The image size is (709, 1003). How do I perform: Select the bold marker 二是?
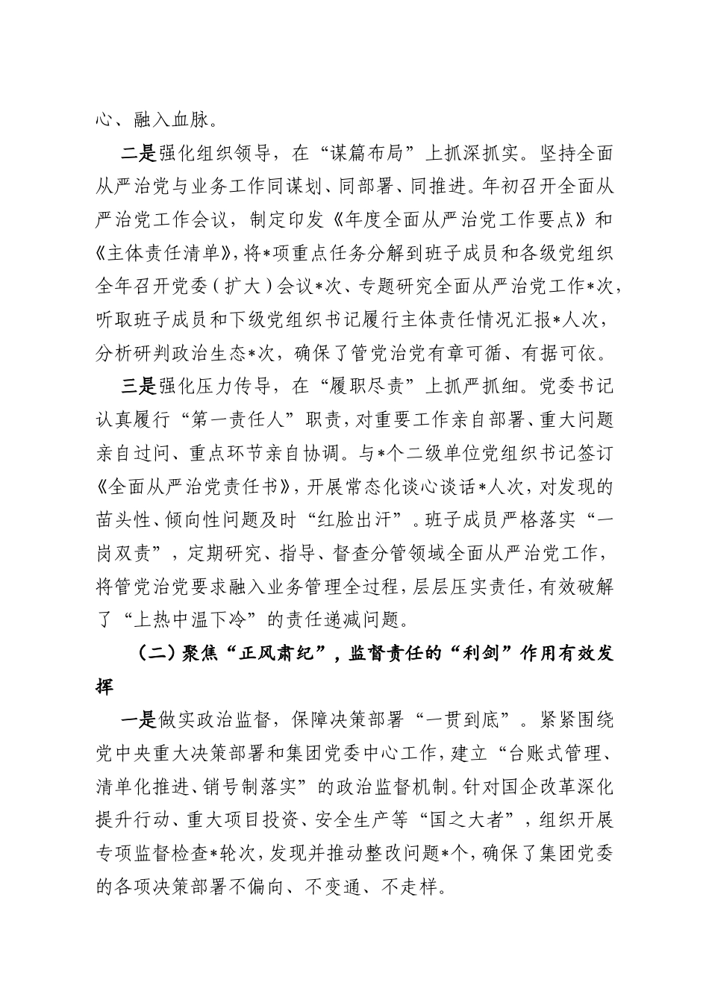pos(138,154)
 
